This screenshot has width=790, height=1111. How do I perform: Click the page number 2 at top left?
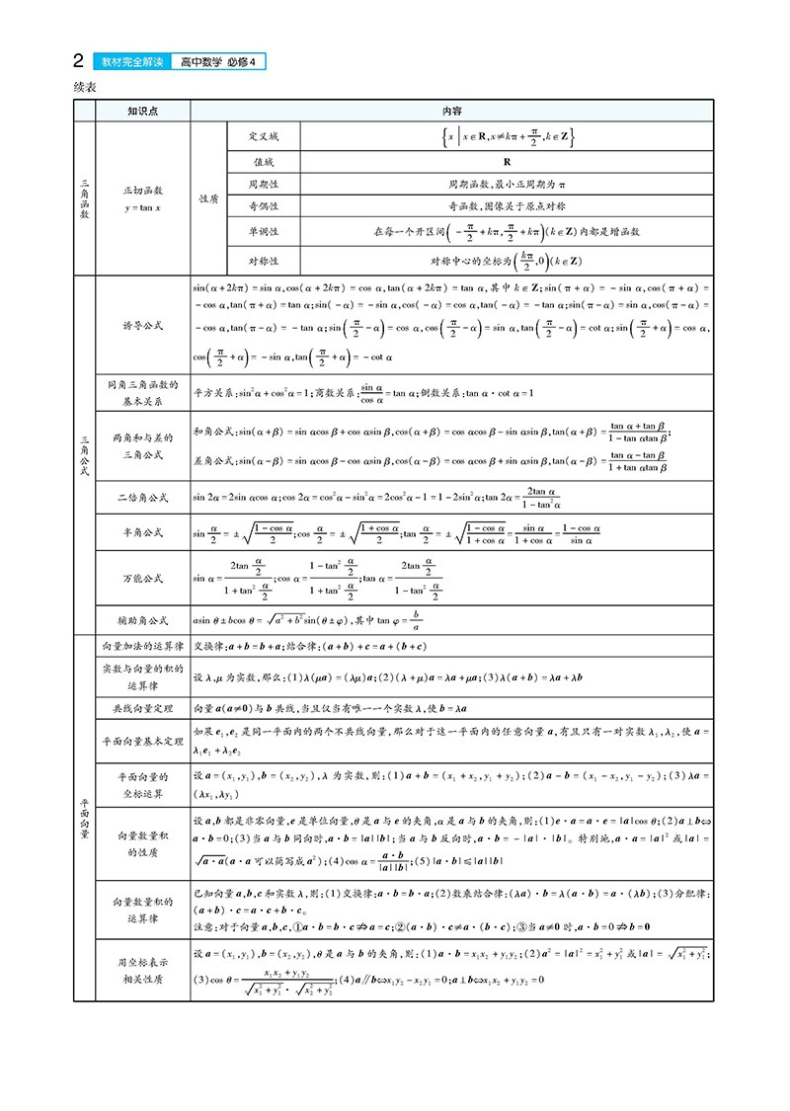click(78, 62)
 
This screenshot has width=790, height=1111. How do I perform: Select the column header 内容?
click(452, 112)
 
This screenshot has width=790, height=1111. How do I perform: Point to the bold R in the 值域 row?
click(506, 160)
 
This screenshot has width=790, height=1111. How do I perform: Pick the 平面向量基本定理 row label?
click(143, 741)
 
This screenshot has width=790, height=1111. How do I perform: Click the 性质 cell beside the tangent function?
click(208, 198)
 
